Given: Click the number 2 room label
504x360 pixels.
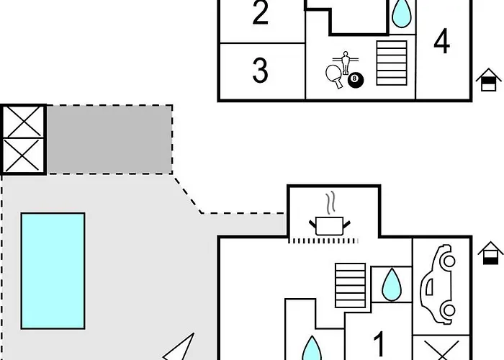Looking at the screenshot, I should pyautogui.click(x=261, y=14).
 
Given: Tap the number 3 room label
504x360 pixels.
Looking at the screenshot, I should pyautogui.click(x=261, y=71).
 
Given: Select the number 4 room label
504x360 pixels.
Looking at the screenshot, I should pyautogui.click(x=441, y=42).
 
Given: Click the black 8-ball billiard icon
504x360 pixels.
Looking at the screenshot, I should pyautogui.click(x=356, y=80).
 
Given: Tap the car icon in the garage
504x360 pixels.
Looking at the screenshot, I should pyautogui.click(x=438, y=284).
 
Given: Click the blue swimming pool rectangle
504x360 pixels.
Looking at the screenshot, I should pyautogui.click(x=53, y=269).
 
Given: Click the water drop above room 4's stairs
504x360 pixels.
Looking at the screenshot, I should pyautogui.click(x=401, y=12).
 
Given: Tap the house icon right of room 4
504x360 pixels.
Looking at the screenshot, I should pyautogui.click(x=488, y=80).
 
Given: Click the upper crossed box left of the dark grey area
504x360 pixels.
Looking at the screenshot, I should pyautogui.click(x=23, y=122).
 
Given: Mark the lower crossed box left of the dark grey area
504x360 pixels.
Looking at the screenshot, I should pyautogui.click(x=23, y=156).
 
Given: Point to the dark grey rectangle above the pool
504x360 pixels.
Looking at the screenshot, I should pyautogui.click(x=109, y=139).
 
